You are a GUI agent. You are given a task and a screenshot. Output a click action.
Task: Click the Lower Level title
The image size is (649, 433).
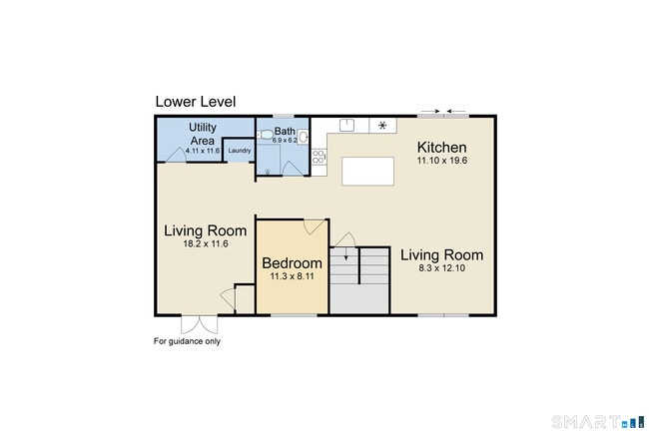click(x=196, y=102)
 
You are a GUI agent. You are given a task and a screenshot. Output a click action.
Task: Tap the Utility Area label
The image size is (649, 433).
click(x=203, y=134)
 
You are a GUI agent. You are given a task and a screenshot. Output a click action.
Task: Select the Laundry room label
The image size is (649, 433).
click(x=240, y=151)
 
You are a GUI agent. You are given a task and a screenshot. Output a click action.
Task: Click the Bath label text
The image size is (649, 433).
click(x=285, y=131)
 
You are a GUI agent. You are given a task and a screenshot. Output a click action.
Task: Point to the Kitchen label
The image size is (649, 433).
click(x=441, y=148)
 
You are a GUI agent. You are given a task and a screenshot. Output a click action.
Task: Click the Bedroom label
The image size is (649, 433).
click(x=292, y=263)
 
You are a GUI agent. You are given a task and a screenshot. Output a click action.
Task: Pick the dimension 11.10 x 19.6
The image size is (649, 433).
click(x=442, y=161)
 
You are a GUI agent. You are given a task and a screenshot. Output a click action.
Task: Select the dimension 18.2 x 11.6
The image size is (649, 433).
click(x=206, y=244)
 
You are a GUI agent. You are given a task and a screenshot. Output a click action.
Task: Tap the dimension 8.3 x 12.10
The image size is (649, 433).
click(x=441, y=268)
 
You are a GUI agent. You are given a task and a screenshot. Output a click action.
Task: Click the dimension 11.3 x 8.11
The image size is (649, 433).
click(x=292, y=276)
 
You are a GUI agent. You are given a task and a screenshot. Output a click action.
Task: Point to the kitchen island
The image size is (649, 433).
click(x=367, y=172)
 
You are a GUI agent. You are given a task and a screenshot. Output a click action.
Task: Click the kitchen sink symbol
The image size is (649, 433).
click(x=346, y=126)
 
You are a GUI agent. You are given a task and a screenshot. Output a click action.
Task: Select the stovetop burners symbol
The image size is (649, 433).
click(x=320, y=157)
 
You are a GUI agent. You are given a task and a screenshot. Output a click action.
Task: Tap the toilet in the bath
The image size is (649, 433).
click(x=265, y=135)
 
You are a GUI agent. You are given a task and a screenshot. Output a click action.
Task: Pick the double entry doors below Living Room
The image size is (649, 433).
click(x=199, y=324)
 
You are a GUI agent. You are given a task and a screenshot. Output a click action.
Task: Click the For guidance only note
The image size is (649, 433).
click(x=187, y=341)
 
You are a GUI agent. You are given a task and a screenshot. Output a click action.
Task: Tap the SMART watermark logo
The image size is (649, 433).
click(x=598, y=422)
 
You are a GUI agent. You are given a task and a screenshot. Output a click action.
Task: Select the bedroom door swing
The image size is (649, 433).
click(x=315, y=226)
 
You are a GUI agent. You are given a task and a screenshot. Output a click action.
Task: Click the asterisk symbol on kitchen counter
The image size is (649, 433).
click(x=382, y=126)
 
